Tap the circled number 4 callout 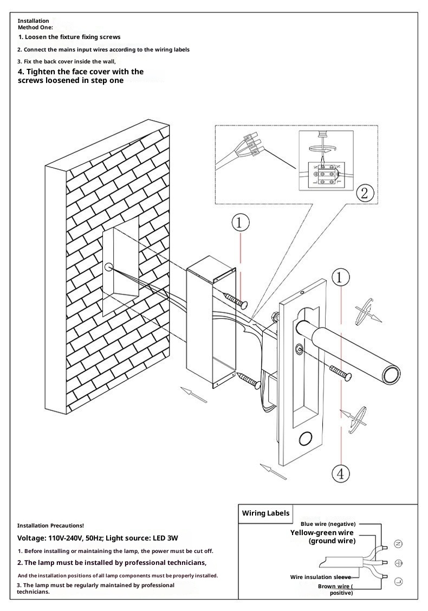click(340, 474)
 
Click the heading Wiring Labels click(265, 513)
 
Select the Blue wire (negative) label click(328, 524)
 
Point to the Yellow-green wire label click(322, 533)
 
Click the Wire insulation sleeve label click(320, 577)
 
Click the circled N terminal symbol click(398, 543)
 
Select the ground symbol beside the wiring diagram click(398, 562)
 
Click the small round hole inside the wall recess click(108, 267)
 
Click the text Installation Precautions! click(50, 525)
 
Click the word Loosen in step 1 click(36, 37)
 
